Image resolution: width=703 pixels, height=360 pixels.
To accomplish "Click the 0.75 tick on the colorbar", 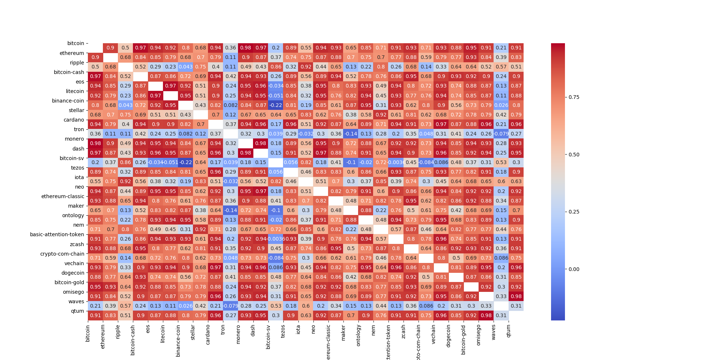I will point(574,97).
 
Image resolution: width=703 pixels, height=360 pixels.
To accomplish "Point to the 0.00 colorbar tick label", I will point(574,269).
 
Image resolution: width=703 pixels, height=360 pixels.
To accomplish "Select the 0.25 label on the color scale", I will point(574,212).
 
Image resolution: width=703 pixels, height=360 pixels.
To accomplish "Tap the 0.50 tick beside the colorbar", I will point(574,155).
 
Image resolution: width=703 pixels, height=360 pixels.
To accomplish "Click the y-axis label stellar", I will point(76,110).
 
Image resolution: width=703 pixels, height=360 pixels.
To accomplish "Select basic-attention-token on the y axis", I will point(57,234).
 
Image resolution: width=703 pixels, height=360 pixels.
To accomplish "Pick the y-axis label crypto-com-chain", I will point(62,254).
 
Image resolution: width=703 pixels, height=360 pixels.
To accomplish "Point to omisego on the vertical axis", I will point(73,292).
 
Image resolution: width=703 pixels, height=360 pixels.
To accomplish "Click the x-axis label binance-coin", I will point(178,341).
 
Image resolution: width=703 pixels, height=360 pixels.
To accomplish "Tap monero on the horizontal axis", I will point(238,334).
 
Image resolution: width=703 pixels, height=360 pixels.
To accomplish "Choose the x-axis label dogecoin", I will point(449,336).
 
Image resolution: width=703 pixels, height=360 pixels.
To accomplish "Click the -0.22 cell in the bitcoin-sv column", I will point(276,105).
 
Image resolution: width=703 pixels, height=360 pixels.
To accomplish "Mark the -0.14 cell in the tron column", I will point(231,210).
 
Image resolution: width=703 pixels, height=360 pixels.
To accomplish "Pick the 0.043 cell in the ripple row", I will point(186,67).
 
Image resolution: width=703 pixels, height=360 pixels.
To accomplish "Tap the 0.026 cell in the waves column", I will point(501,105).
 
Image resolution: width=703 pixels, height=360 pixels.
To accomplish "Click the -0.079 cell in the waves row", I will point(231,306).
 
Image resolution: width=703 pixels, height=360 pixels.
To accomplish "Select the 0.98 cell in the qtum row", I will point(486,315).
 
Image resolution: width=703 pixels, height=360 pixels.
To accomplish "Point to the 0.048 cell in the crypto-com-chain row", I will point(231,258).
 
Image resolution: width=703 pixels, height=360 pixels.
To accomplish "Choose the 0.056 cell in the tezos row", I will point(276,172).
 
